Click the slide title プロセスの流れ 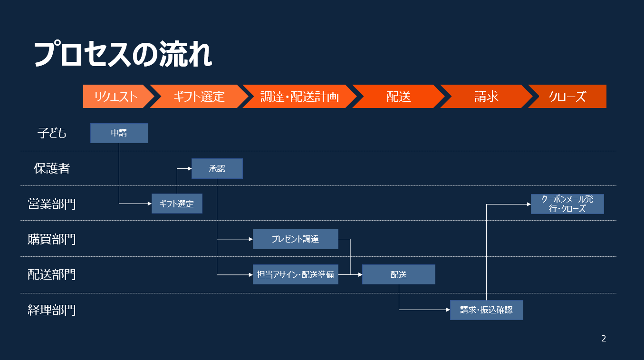point(123,54)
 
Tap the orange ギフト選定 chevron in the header point(199,97)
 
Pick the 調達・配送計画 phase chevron point(299,97)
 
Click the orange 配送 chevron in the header point(398,97)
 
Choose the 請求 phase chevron point(486,97)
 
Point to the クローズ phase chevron point(567,97)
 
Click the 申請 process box point(119,133)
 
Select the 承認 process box point(217,169)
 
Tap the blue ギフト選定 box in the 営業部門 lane point(177,204)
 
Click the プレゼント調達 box point(296,239)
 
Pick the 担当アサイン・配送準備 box point(296,274)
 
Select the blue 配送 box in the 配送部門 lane point(398,274)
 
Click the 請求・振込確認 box point(487,310)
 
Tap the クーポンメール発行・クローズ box point(567,204)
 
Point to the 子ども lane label point(52,133)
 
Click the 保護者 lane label point(52,168)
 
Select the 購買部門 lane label point(52,239)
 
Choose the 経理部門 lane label point(52,310)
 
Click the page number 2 point(604,339)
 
